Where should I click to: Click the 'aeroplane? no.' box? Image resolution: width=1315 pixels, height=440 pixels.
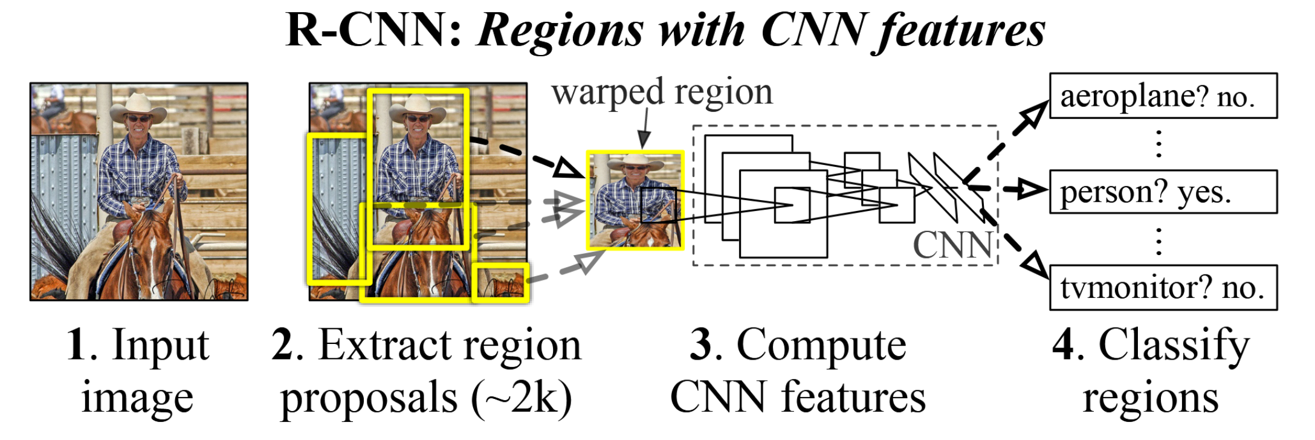[1163, 96]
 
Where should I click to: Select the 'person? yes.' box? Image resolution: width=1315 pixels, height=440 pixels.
[1163, 192]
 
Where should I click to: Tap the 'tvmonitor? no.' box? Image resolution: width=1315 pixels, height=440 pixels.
[1163, 287]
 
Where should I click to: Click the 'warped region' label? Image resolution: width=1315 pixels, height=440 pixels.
[662, 92]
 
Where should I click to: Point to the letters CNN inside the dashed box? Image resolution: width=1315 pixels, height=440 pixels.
[952, 245]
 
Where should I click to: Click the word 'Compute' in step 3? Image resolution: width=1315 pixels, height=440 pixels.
[821, 345]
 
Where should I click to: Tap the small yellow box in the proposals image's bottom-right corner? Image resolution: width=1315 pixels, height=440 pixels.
[501, 282]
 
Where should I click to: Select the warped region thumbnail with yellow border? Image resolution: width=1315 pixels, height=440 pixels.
[635, 200]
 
